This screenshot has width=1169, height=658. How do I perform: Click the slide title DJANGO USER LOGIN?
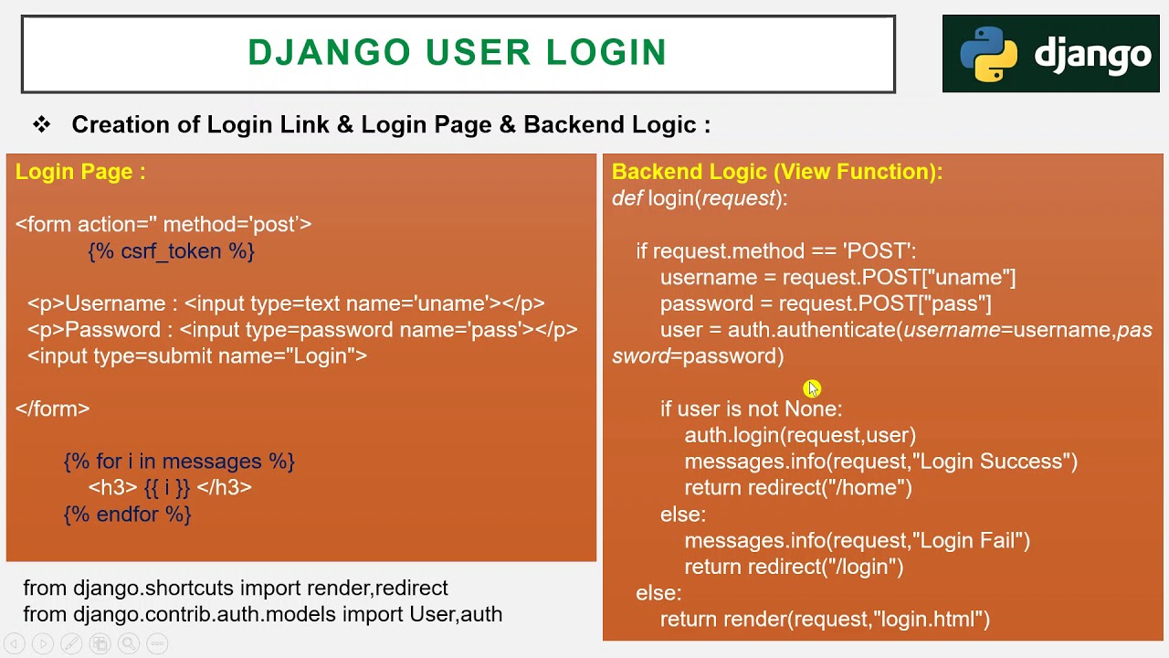457,53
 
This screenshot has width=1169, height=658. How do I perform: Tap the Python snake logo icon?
988,54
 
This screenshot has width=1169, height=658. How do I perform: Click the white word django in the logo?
1092,55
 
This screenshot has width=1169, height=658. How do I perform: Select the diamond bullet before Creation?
41,124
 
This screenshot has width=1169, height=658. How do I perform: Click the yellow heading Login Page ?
80,172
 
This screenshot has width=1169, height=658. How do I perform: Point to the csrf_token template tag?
172,251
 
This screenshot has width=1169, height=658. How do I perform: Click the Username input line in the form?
286,303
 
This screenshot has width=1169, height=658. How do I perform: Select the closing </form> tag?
53,409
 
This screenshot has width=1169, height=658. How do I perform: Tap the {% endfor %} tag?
128,515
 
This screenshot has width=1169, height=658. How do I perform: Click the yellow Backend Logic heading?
776,172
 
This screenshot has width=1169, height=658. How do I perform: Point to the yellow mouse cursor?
813,389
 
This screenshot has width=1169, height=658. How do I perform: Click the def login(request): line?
700,198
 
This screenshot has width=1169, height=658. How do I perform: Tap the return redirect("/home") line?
798,488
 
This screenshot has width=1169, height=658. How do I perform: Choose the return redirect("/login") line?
794,568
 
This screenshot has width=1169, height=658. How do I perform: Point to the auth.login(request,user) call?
800,435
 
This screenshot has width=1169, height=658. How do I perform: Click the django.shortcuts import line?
236,589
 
